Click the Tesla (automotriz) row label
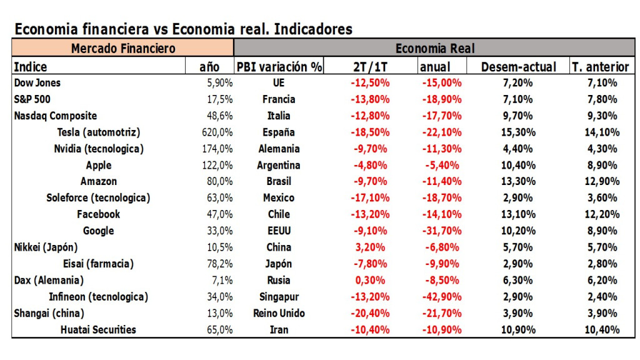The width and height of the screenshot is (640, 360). [x=98, y=132]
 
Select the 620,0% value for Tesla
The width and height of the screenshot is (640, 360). [x=219, y=132]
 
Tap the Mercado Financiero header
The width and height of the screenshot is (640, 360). [x=123, y=48]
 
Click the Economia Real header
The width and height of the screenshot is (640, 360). [x=435, y=48]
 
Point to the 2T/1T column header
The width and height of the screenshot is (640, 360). [x=370, y=67]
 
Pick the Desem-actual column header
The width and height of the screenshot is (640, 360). [x=518, y=67]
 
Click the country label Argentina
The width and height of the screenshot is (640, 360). [x=278, y=165]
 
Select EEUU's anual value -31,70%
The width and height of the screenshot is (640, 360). [x=441, y=231]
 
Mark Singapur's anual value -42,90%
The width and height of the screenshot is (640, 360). [x=441, y=296]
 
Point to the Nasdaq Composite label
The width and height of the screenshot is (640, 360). [x=56, y=116]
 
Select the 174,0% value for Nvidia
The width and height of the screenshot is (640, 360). [x=219, y=149]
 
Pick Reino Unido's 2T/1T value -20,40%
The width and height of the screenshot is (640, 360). [x=370, y=313]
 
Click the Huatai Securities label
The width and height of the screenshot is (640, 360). [x=98, y=329]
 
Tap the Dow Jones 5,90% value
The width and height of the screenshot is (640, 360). [x=219, y=82]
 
